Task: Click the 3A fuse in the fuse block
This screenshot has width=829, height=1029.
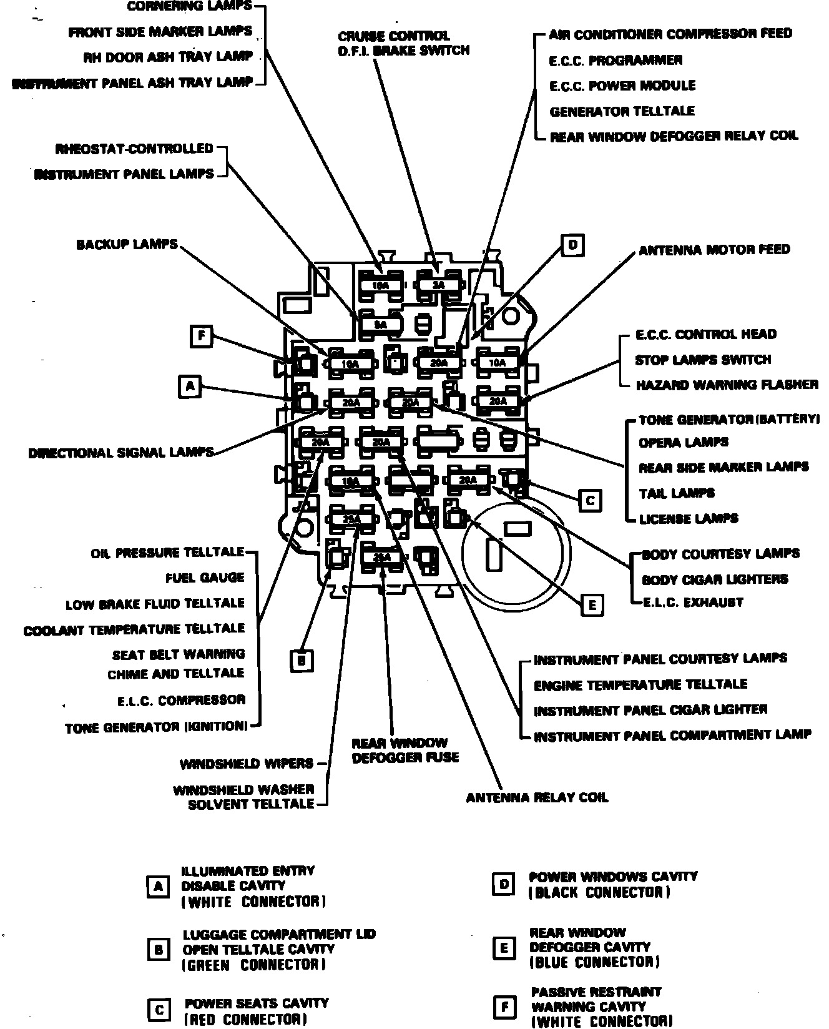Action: tap(439, 285)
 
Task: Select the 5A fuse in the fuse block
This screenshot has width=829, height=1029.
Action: tap(380, 325)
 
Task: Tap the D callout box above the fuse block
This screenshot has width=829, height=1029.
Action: tap(572, 245)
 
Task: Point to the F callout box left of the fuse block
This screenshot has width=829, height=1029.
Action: tap(201, 337)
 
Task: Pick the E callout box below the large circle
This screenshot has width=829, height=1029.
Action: tap(592, 604)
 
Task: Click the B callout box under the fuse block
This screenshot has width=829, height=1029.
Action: tap(302, 661)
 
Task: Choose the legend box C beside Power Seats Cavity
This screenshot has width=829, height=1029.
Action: tap(159, 1010)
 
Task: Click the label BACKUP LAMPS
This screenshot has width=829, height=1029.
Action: tap(127, 244)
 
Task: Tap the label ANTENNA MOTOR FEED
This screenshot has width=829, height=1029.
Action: tap(714, 250)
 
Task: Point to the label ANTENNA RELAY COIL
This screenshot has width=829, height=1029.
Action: tap(537, 798)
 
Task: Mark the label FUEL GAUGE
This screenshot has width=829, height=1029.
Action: tap(205, 578)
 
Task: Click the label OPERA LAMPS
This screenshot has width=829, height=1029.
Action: tap(684, 443)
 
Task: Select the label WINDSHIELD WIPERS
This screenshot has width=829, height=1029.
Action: tap(247, 764)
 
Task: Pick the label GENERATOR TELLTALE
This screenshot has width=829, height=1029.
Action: tap(622, 111)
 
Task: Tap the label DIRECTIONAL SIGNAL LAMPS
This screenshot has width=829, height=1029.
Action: tap(121, 453)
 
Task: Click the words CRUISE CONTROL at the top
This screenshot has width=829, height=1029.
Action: tap(394, 36)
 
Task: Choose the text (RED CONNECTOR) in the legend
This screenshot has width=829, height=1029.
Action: tap(245, 1020)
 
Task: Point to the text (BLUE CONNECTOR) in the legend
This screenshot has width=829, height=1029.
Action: tap(594, 962)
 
